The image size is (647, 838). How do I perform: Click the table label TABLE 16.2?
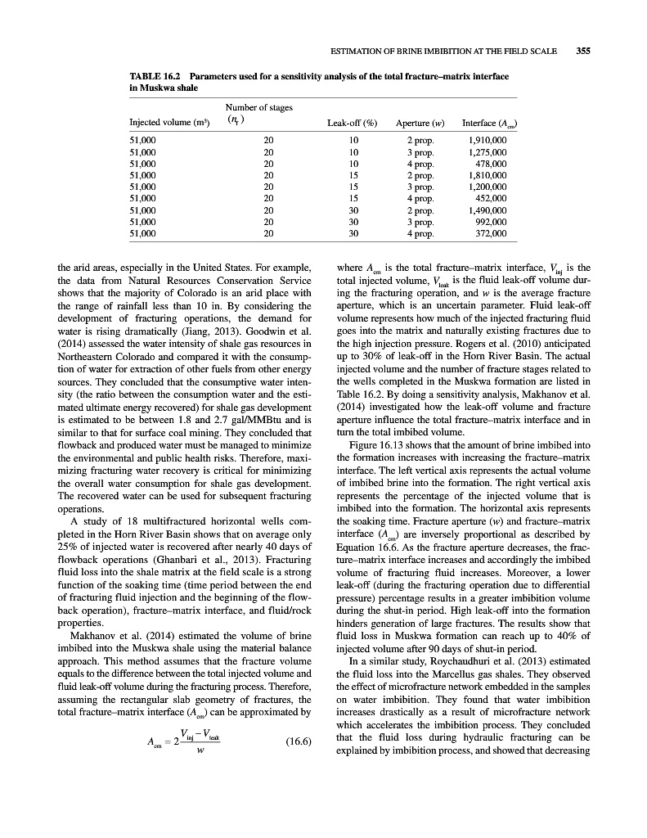(155, 76)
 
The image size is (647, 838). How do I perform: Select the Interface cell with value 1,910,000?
(488, 140)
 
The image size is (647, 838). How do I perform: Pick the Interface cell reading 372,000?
(492, 233)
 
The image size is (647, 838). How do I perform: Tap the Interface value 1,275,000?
(488, 151)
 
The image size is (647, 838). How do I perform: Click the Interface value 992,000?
(492, 221)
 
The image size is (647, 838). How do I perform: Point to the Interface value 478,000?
(492, 163)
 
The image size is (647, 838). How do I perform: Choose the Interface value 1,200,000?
(488, 187)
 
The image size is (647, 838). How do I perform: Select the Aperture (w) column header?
(420, 124)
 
